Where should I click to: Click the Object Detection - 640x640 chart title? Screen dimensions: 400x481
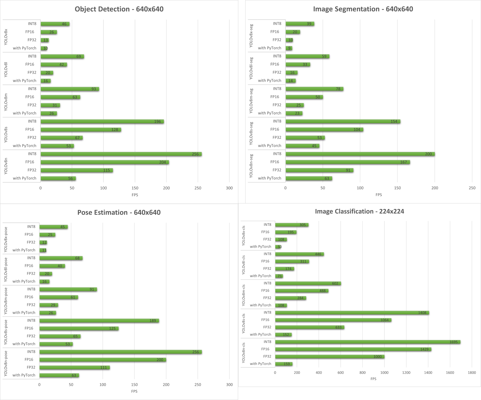[x=119, y=9]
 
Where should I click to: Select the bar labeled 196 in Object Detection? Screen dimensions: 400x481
[x=102, y=122]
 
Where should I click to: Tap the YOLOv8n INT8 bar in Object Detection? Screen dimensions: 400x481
[x=121, y=154]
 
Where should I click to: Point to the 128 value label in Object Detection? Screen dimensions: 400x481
[x=115, y=130]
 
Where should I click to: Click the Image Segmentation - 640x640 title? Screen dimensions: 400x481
[x=363, y=9]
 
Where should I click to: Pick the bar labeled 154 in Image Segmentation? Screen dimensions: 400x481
[x=343, y=122]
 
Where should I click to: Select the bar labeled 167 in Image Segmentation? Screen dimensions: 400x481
[x=348, y=162]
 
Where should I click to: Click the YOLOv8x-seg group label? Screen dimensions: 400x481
[x=251, y=36]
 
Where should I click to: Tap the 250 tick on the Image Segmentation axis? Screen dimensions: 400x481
[x=472, y=188]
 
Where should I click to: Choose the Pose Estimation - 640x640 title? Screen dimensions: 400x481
[x=119, y=212]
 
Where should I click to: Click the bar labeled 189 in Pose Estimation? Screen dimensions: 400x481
[x=99, y=321]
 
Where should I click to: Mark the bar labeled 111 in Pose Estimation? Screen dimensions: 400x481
[x=74, y=368]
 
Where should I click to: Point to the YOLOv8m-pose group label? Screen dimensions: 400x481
[x=6, y=301]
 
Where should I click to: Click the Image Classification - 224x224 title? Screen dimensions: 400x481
[x=359, y=211]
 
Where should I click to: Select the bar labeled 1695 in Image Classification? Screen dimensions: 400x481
[x=368, y=342]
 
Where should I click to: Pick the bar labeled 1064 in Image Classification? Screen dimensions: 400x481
[x=333, y=320]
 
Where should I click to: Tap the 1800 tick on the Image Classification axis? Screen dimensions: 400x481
[x=472, y=373]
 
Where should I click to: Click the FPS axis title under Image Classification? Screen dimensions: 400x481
[x=373, y=379]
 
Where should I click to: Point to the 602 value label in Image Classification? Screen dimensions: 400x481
[x=335, y=283]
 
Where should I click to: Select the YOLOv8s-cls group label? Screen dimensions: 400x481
[x=243, y=324]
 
